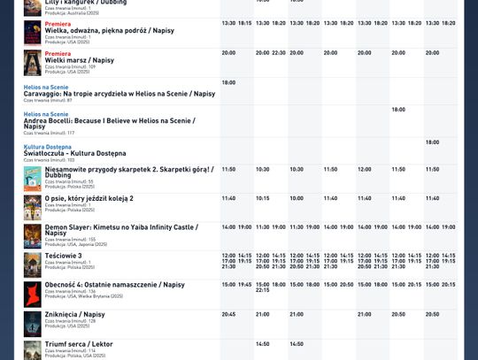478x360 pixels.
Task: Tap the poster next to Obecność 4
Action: pyautogui.click(x=32, y=294)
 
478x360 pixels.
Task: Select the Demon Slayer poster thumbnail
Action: pyautogui.click(x=32, y=235)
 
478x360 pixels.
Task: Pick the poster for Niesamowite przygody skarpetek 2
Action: pyautogui.click(x=32, y=177)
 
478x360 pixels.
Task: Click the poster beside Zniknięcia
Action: pyautogui.click(x=32, y=322)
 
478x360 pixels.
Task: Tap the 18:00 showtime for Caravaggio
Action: pyautogui.click(x=228, y=82)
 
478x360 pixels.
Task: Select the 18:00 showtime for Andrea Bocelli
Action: pyautogui.click(x=398, y=110)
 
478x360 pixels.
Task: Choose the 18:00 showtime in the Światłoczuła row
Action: pyautogui.click(x=432, y=142)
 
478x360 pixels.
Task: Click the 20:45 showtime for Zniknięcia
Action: pyautogui.click(x=228, y=314)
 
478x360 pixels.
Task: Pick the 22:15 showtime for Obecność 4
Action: pyautogui.click(x=262, y=290)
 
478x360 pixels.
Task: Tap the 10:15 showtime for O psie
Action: pyautogui.click(x=262, y=198)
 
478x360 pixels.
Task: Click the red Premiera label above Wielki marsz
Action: pyautogui.click(x=58, y=53)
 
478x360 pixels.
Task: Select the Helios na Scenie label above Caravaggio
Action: pyautogui.click(x=45, y=87)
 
